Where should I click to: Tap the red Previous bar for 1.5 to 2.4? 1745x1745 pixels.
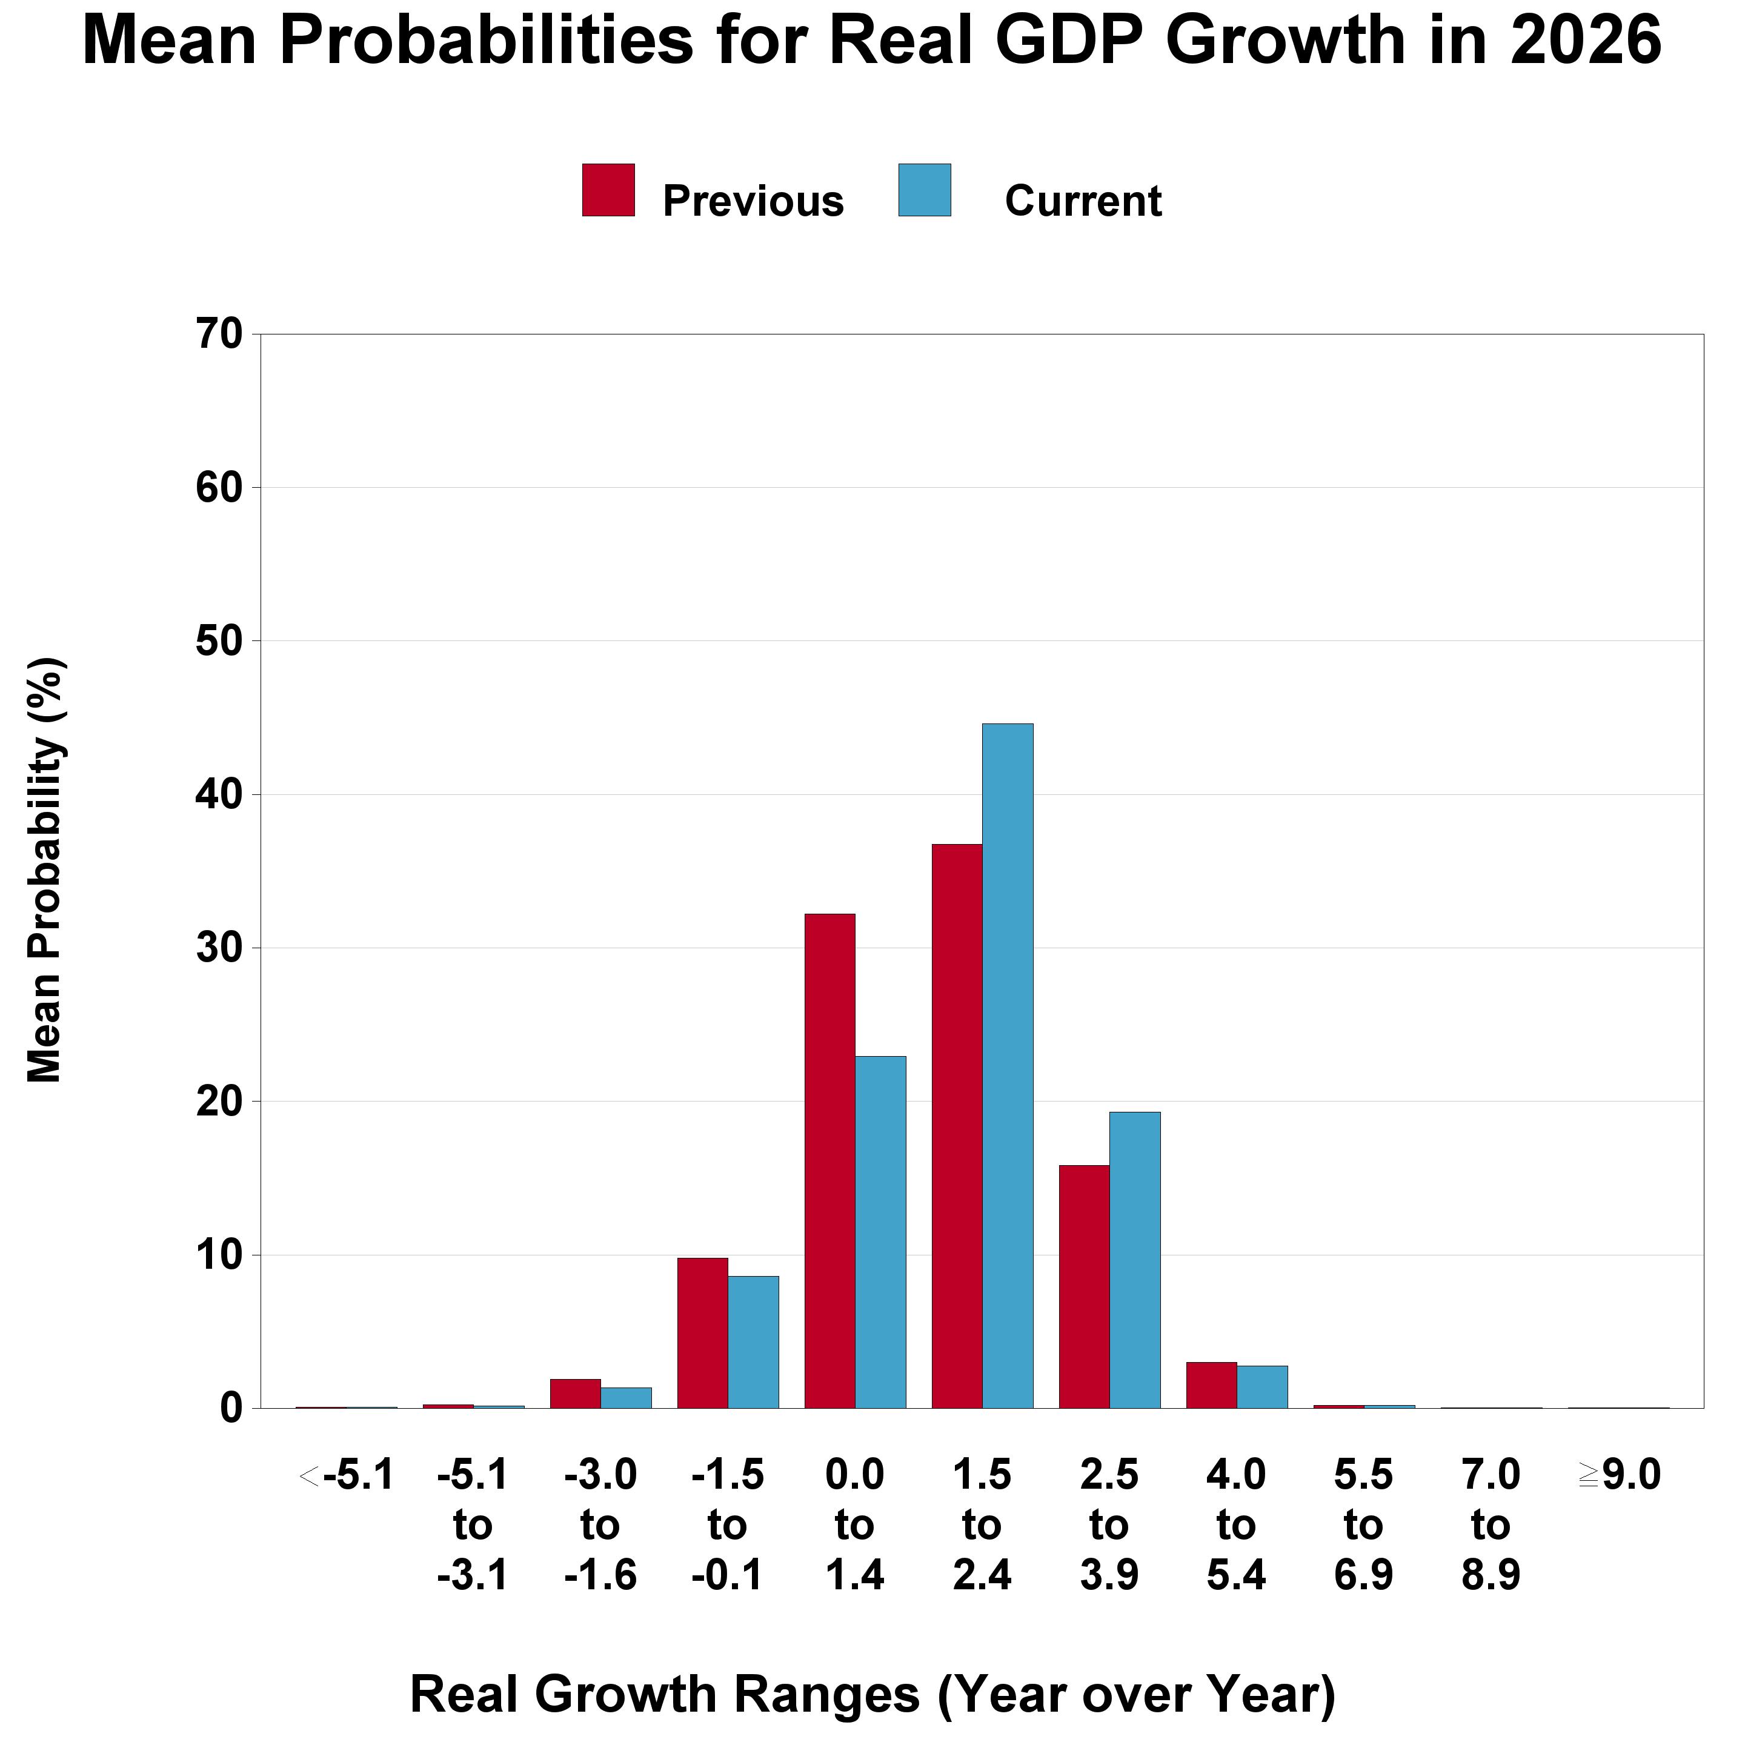[x=957, y=1125]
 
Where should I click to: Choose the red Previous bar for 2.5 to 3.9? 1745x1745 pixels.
[x=1084, y=1286]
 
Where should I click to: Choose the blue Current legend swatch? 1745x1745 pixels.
[x=924, y=190]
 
